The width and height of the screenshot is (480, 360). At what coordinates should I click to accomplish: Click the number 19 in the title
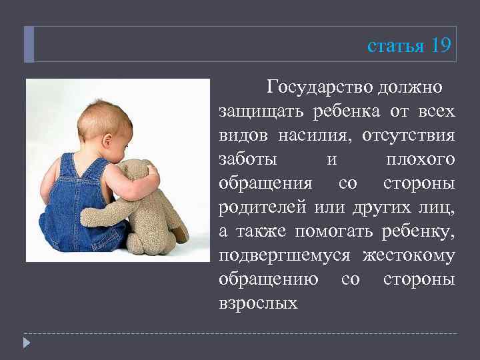[x=441, y=45]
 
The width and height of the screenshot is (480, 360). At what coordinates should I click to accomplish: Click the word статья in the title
[x=396, y=46]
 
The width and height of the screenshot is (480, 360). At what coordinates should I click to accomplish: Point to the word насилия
[x=313, y=135]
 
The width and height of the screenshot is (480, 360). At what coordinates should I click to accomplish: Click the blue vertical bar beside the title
[x=29, y=45]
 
